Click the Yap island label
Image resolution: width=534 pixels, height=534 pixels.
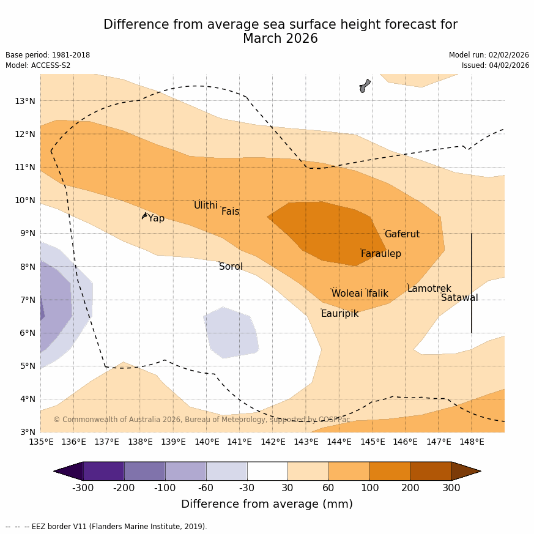(x=156, y=218)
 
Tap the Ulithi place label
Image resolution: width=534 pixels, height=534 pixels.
(x=206, y=206)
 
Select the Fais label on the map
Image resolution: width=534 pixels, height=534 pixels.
(x=230, y=212)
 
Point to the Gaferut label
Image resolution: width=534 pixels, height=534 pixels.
(x=402, y=234)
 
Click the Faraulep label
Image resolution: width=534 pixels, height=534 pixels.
(x=380, y=254)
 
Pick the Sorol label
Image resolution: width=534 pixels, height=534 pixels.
(x=231, y=267)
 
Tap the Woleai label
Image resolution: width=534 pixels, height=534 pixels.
(x=347, y=294)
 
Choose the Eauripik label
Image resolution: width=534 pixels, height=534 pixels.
(x=339, y=314)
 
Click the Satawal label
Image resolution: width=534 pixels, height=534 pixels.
(x=459, y=298)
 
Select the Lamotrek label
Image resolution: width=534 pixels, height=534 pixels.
(x=429, y=289)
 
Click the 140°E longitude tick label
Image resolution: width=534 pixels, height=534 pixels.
(x=207, y=442)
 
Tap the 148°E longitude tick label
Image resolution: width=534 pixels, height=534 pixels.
(x=472, y=442)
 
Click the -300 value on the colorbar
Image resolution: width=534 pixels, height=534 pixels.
(x=83, y=488)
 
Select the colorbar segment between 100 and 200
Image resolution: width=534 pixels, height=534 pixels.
(x=390, y=471)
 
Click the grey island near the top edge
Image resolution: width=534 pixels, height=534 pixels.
(x=365, y=86)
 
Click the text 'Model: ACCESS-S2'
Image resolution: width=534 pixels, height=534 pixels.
(x=38, y=65)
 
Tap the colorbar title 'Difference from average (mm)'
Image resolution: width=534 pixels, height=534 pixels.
(x=267, y=504)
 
